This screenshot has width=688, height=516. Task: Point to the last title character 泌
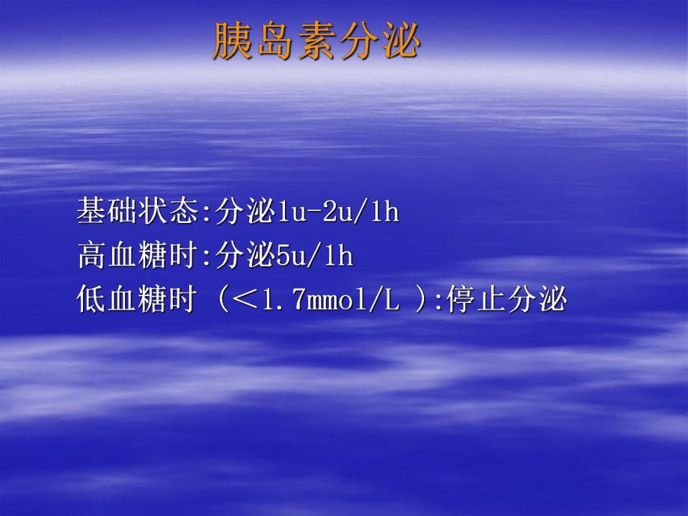point(400,40)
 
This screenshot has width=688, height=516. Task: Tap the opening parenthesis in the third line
point(221,301)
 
